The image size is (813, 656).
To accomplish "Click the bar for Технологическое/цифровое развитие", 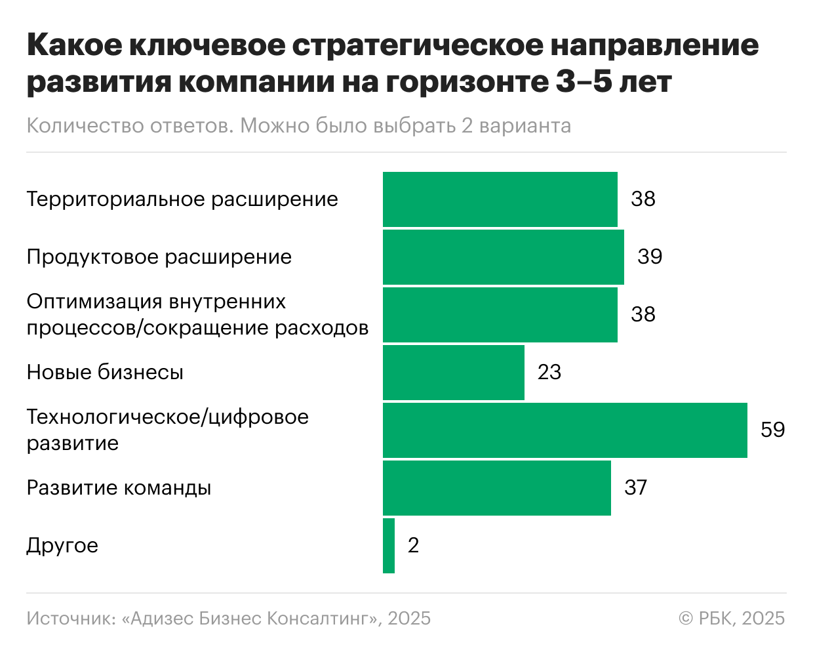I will pos(565,430).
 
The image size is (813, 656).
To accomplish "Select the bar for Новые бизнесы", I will pos(453,373).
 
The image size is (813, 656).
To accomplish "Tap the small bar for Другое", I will pos(389,546).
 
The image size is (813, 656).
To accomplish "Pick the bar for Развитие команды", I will pos(496,488).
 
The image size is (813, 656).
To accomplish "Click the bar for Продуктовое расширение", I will pos(503,256).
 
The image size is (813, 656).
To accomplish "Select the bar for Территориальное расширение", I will pos(500,199).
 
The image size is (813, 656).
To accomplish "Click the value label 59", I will pos(772,430).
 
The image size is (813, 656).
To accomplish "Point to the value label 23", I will pos(549,373).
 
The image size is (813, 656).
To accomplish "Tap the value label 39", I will pos(650,256).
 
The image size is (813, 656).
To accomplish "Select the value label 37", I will pos(635,488).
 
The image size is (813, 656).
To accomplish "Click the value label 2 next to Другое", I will pos(413,546).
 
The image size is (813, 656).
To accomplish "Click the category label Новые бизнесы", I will pos(105,373).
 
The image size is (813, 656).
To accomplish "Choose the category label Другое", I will pos(62,546).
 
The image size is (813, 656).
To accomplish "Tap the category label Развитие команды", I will pos(119,488).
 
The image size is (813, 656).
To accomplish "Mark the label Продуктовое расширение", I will pos(159,256).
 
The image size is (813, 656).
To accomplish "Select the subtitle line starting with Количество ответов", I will pos(298,125).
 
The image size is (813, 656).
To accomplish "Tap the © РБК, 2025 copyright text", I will pos(732,619).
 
